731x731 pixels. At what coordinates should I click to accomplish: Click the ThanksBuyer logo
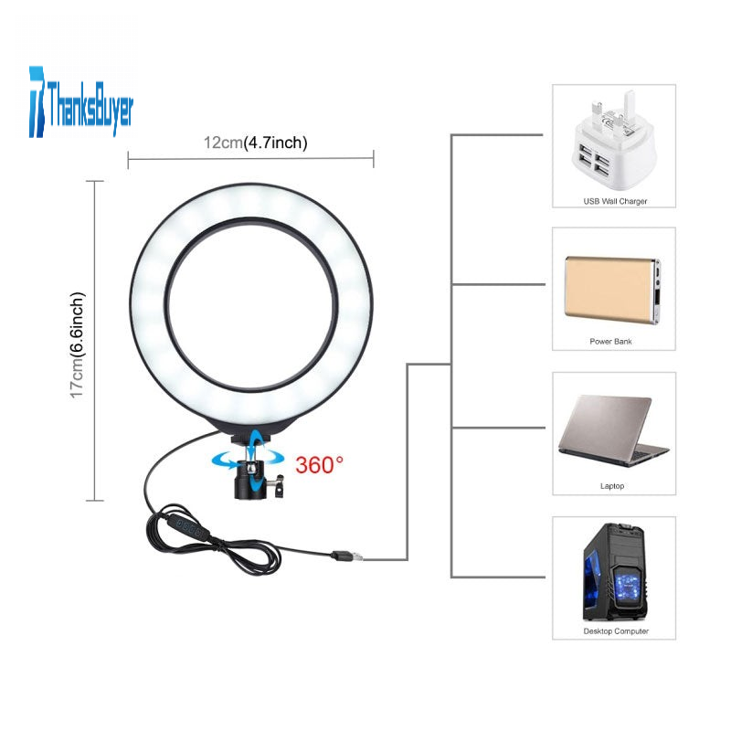coord(81,102)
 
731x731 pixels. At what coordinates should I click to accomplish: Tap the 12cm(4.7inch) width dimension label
coord(256,143)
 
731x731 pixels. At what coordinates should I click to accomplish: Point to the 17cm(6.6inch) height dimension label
coord(78,345)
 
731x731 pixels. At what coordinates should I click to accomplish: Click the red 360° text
coord(319,465)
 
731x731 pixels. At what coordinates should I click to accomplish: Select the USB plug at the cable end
coord(346,556)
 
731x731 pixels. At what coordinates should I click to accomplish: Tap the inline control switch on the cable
coord(184,528)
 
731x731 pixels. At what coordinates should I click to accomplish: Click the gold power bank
coord(612,290)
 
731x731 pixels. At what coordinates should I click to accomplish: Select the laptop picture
coord(613,430)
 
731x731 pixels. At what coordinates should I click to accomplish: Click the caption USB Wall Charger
coord(615,201)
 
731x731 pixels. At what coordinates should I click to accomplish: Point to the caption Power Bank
coord(610,342)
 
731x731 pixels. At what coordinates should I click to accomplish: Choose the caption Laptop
coord(612,486)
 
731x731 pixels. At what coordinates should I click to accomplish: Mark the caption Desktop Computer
coord(616,631)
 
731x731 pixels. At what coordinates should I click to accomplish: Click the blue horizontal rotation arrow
coord(248,459)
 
